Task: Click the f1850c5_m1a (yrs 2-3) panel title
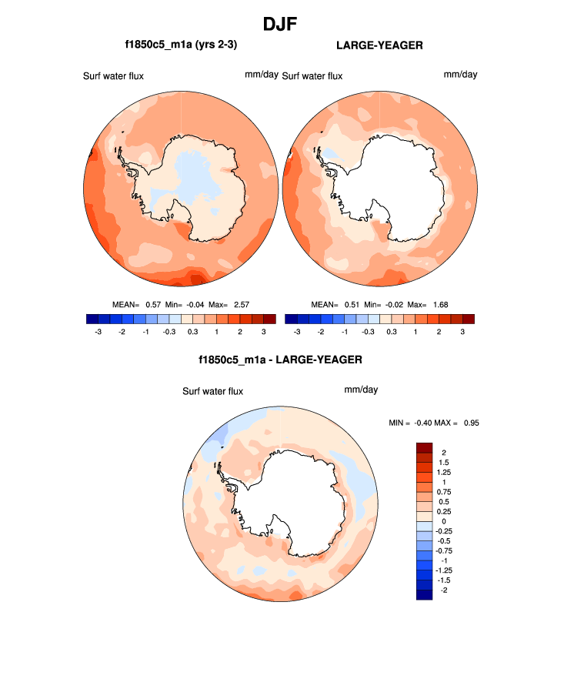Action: pos(181,45)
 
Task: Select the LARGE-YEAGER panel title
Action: pos(379,45)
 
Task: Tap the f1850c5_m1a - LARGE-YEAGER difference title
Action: pos(280,360)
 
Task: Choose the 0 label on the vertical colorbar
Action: pos(443,521)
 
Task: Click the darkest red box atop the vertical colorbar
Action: pos(425,448)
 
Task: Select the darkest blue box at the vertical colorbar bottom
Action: pos(425,594)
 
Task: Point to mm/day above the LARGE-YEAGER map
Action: pos(460,75)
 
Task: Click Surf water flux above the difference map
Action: pos(212,392)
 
